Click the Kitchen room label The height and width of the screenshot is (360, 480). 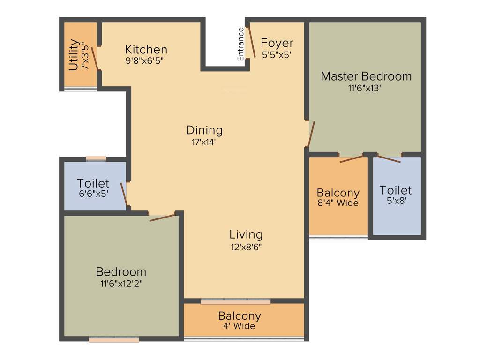click(146, 49)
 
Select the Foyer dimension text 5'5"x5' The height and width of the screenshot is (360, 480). click(277, 54)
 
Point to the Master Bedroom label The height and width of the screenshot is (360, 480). click(366, 76)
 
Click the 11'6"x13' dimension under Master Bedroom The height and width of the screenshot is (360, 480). click(366, 88)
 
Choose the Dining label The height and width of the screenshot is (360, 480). click(204, 130)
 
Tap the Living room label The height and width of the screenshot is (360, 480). click(246, 234)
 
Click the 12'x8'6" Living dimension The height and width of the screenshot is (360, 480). click(246, 247)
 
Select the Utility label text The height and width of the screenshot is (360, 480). click(74, 55)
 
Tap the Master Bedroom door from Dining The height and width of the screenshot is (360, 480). click(311, 134)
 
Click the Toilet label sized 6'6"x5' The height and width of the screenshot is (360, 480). click(93, 183)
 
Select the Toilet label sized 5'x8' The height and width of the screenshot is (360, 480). click(396, 190)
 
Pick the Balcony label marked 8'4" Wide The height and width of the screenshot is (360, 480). click(338, 193)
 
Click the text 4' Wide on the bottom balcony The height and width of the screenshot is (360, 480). click(239, 326)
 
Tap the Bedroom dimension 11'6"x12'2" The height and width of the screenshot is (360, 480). click(121, 284)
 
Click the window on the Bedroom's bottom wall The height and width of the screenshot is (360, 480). click(113, 339)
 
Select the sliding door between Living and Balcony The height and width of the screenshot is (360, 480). click(236, 301)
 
